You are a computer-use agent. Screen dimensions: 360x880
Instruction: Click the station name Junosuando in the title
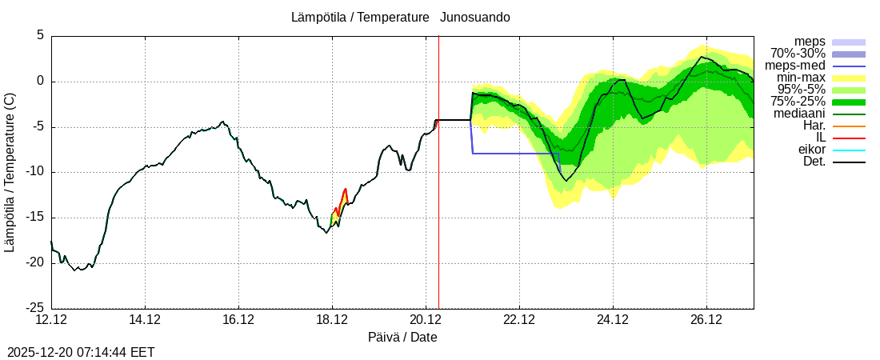coord(475,17)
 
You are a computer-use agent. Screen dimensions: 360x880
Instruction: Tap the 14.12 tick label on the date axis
coord(145,320)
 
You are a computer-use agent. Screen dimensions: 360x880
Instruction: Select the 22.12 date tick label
coord(519,320)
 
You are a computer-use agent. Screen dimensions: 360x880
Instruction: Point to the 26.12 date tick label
coord(706,320)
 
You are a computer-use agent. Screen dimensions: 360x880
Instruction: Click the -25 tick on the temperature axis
coord(34,308)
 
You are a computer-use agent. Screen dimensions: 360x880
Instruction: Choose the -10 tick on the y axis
coord(34,172)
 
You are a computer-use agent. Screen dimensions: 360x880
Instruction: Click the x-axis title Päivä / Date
coord(402,337)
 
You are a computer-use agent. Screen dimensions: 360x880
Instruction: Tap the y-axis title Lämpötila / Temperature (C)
coord(10,172)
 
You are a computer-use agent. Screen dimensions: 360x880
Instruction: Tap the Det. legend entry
coord(814,162)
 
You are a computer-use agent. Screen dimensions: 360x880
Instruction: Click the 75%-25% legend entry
coord(798,102)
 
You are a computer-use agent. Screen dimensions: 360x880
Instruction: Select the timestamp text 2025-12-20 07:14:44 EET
coord(81,352)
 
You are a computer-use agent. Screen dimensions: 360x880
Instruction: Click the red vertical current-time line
coord(438,200)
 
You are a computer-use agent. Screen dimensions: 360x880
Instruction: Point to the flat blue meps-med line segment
coord(516,153)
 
